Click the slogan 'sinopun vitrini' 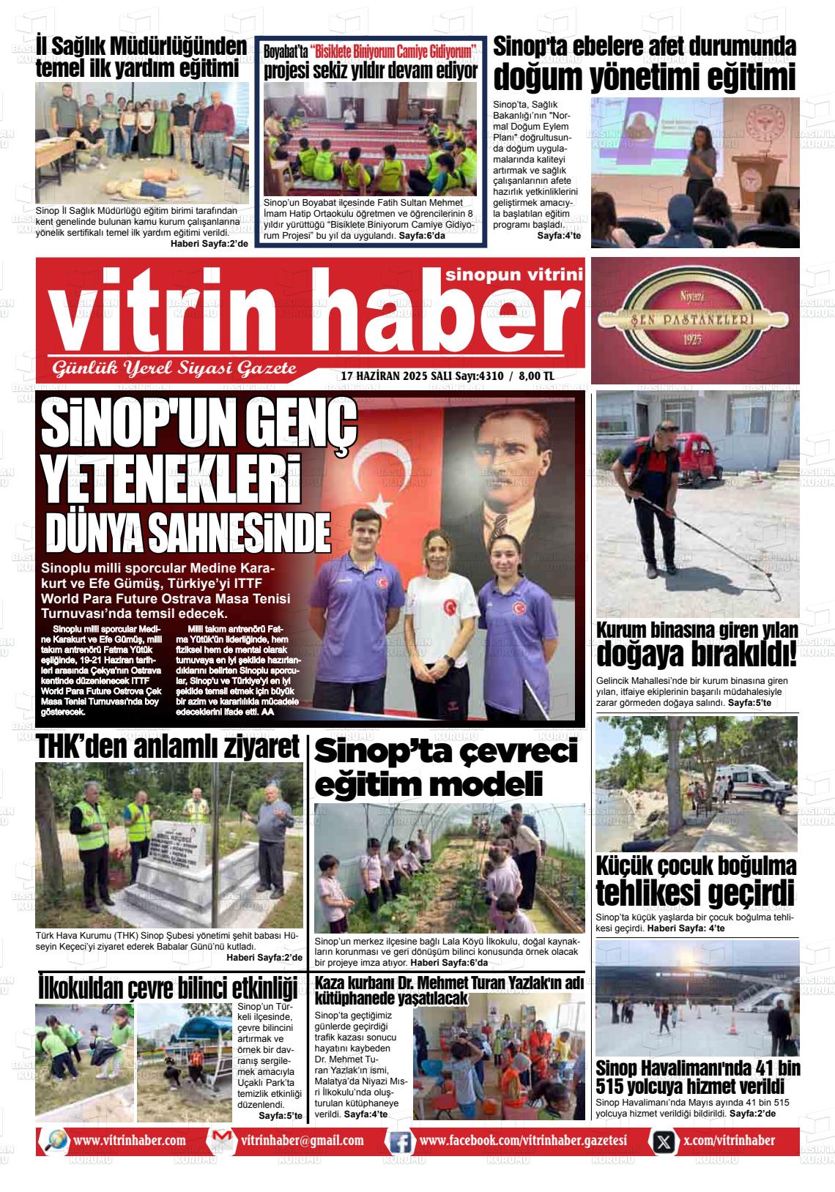tap(513, 275)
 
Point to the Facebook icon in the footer tap(400, 1141)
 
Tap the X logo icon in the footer tap(664, 1141)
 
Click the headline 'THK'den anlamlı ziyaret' tap(168, 747)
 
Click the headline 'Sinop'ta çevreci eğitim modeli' tap(447, 767)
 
